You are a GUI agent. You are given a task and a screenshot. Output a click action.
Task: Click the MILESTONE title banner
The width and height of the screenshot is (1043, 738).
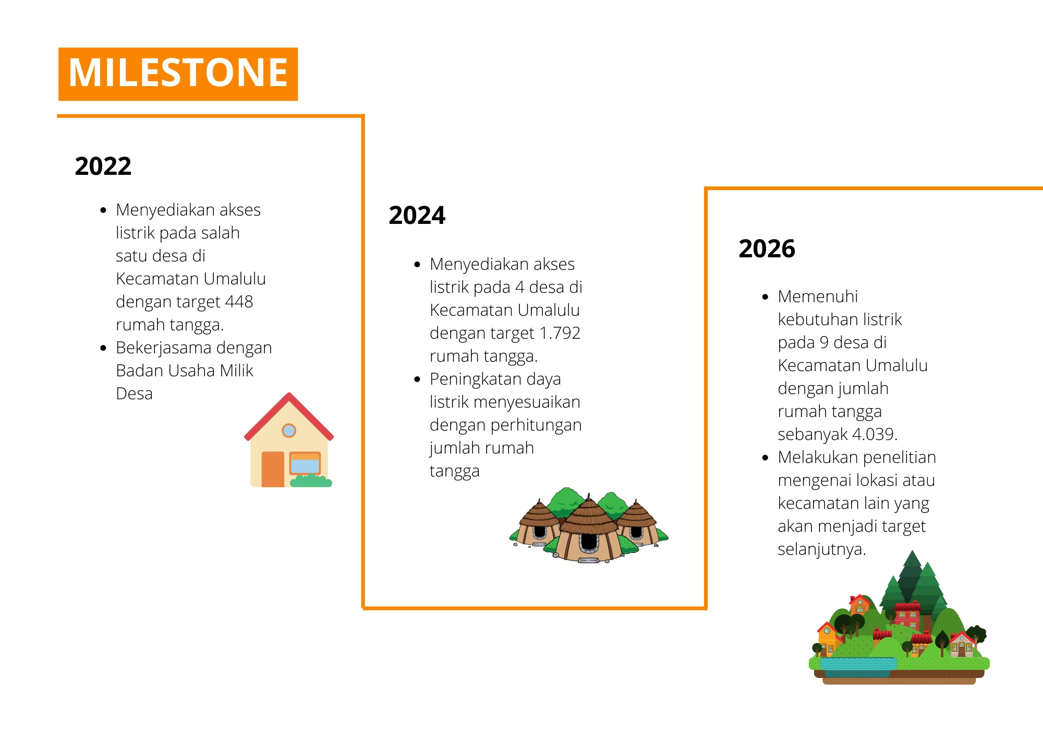pos(178,74)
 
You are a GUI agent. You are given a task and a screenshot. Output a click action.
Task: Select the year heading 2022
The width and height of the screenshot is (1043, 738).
pos(103,166)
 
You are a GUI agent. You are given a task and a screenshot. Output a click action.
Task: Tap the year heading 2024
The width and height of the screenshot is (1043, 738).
pos(417,215)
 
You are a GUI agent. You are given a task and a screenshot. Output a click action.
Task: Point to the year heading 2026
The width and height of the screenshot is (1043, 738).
pos(767,248)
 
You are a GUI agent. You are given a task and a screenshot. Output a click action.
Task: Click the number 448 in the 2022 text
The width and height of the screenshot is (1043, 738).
pos(239,302)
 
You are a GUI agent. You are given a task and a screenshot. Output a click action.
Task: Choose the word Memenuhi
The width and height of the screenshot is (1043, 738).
pos(818,296)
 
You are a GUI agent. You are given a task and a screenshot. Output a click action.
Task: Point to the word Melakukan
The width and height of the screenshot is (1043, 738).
pos(814,457)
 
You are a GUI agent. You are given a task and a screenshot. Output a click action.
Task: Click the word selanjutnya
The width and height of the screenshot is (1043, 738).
pos(821,549)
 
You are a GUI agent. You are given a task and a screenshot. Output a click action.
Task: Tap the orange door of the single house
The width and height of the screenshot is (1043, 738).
pos(273,469)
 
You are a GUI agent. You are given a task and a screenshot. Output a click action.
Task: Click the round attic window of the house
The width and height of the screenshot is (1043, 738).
pos(289,431)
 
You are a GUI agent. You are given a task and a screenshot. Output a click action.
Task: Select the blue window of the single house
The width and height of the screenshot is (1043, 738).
pos(305,463)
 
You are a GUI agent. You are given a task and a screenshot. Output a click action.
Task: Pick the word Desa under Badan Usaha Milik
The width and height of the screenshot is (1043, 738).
pos(134,394)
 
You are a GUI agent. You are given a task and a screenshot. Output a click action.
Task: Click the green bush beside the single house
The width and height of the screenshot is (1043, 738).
pos(311,481)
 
